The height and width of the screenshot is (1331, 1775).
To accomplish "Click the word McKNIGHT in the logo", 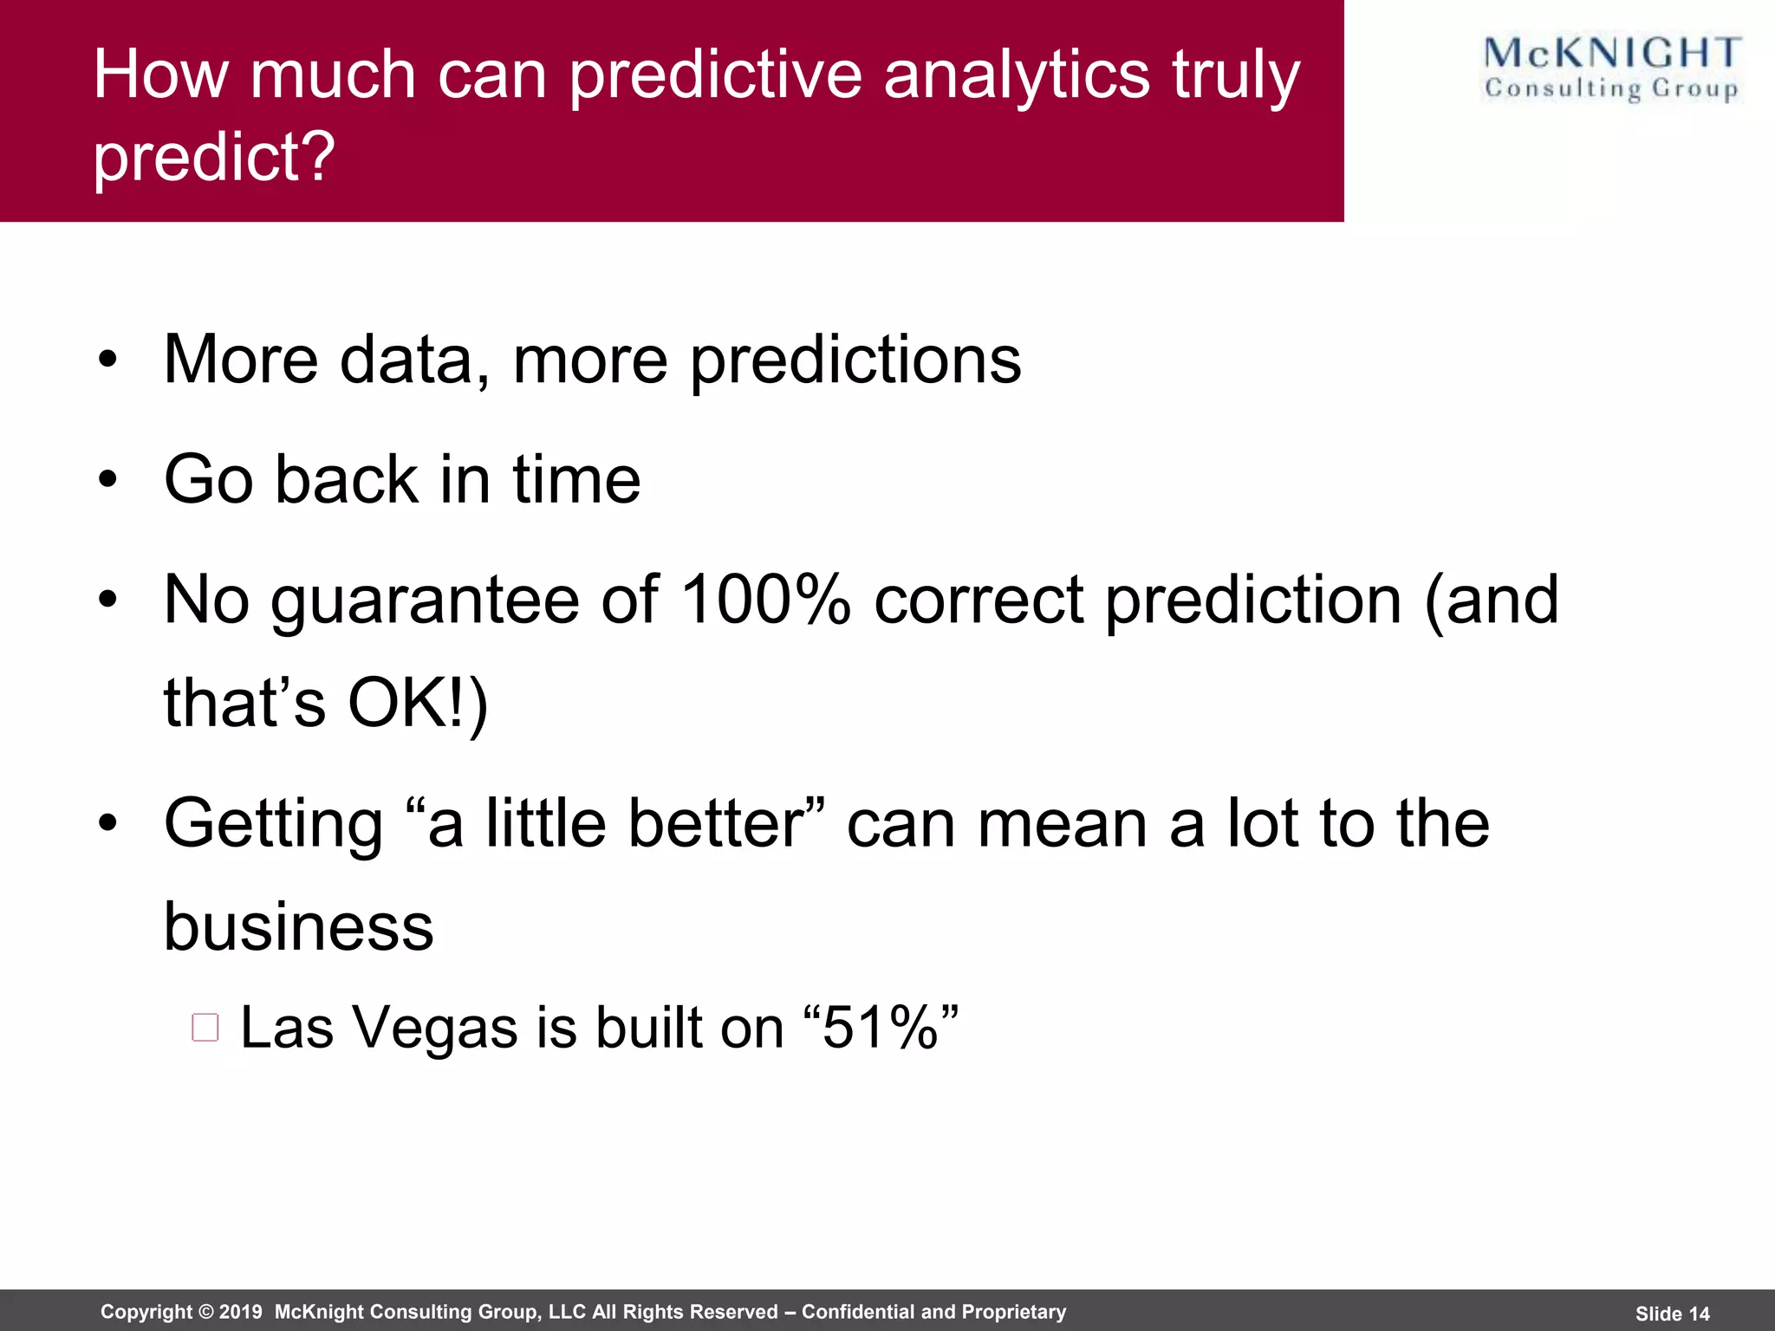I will [1611, 54].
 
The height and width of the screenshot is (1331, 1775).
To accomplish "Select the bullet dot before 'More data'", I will [107, 360].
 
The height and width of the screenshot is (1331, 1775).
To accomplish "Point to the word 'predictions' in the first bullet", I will [855, 360].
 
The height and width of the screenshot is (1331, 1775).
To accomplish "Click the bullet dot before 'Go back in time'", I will [107, 479].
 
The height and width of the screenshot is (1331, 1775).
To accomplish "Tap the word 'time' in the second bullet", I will [576, 479].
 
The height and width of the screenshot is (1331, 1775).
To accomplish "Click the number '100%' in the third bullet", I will [764, 600].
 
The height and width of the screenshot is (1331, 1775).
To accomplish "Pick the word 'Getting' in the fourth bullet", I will [274, 824].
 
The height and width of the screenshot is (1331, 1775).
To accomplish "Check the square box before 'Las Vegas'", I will [205, 1028].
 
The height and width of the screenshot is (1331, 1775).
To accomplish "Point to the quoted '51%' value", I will [881, 1028].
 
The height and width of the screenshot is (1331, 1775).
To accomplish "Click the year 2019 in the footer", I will [240, 1312].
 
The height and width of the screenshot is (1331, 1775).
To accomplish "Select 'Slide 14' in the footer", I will [1672, 1314].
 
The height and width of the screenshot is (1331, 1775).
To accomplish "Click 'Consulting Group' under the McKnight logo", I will [1611, 89].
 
